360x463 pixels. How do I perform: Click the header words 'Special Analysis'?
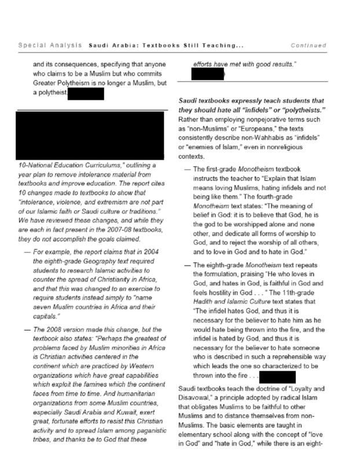(50, 45)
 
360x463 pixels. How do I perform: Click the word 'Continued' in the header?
(308, 45)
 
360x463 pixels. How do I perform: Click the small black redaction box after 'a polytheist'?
(86, 93)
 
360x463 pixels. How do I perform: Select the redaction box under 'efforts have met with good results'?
(207, 75)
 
